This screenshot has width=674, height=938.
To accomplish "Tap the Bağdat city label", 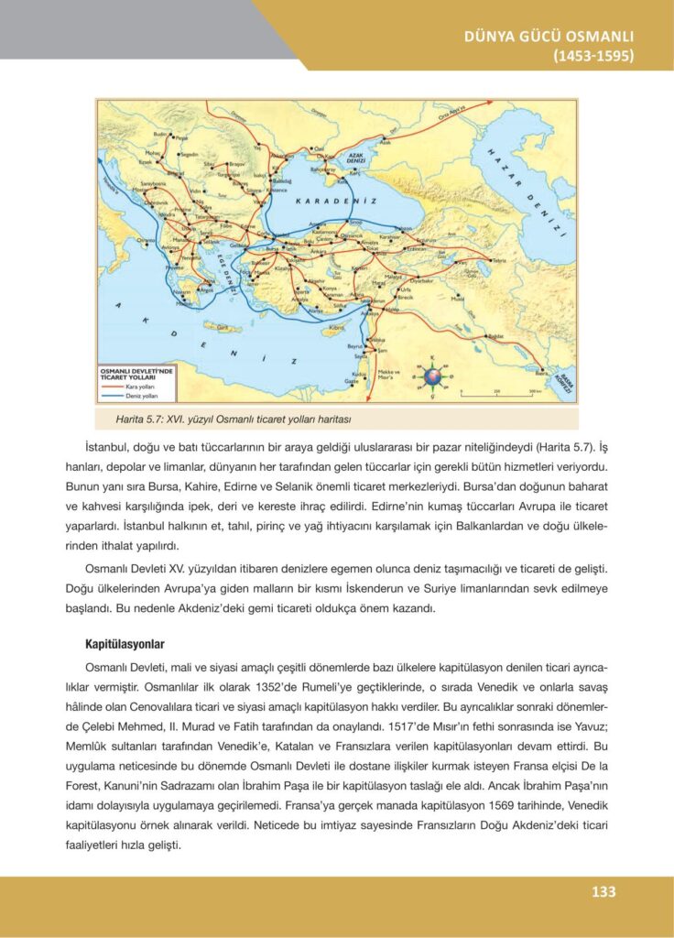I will (x=497, y=336).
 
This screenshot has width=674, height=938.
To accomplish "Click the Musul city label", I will (x=461, y=299).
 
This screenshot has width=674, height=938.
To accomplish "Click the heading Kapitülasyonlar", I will (x=125, y=644).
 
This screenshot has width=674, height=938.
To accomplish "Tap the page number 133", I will (x=603, y=891).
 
